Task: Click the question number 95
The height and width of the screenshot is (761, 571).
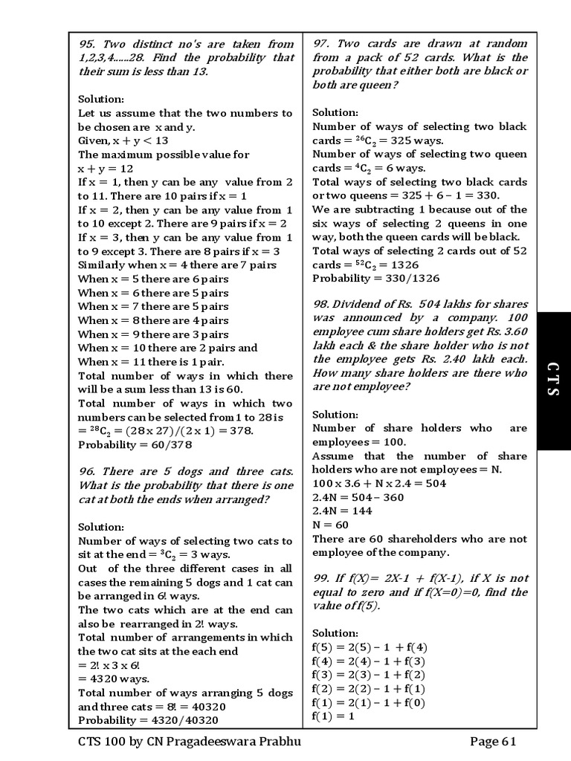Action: click(87, 44)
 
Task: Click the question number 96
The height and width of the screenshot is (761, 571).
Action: click(87, 471)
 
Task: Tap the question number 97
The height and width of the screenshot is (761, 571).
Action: click(321, 44)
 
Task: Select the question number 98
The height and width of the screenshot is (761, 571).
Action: click(321, 304)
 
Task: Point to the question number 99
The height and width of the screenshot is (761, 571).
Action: click(321, 578)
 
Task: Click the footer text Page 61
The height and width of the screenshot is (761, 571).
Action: click(492, 742)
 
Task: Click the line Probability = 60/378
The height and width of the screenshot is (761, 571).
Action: click(135, 444)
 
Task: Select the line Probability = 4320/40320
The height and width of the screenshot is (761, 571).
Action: click(148, 720)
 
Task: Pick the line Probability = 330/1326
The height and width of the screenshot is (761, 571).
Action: click(375, 278)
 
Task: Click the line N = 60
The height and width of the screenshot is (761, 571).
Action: click(330, 525)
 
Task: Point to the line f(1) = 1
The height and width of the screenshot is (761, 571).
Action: click(334, 716)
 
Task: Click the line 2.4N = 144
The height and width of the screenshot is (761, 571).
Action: click(342, 511)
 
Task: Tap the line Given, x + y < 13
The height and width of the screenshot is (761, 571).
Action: click(123, 140)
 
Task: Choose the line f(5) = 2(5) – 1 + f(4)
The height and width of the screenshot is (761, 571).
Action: click(370, 647)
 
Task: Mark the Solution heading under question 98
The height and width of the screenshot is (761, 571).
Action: click(335, 414)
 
